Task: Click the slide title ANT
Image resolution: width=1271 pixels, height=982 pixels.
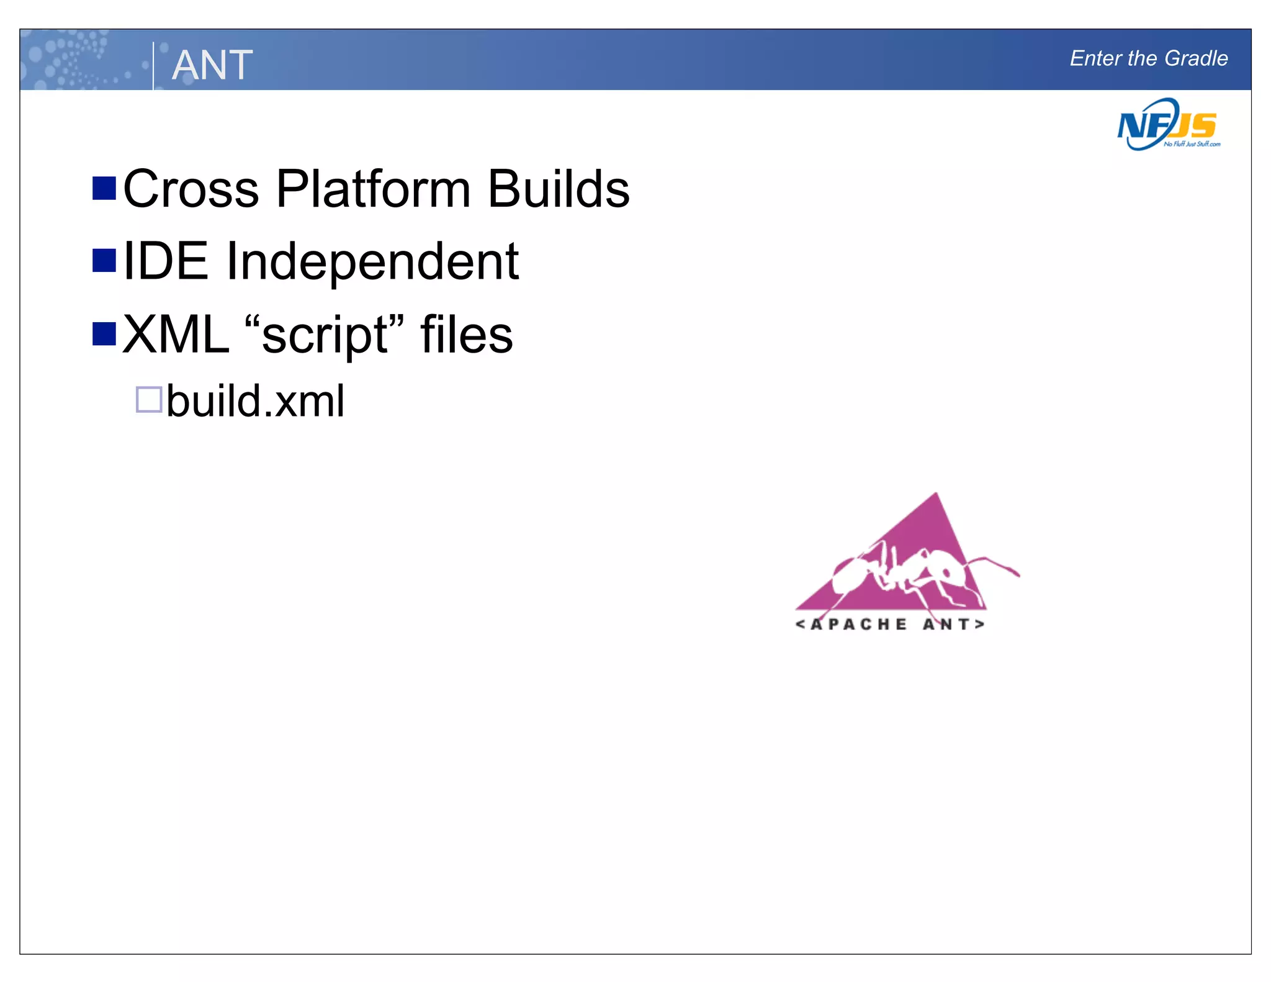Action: click(x=212, y=65)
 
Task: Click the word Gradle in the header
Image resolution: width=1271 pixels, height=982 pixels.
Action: click(x=1196, y=58)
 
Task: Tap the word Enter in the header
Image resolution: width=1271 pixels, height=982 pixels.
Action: click(x=1096, y=58)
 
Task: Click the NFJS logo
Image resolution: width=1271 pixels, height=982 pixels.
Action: click(x=1167, y=125)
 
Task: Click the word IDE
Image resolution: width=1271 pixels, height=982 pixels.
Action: click(x=165, y=261)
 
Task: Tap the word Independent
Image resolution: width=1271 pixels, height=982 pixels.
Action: click(x=372, y=261)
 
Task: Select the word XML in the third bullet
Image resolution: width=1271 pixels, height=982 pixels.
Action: click(x=176, y=335)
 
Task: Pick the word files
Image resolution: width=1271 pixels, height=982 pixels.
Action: click(x=466, y=335)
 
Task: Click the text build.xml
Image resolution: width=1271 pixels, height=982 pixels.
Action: click(x=255, y=402)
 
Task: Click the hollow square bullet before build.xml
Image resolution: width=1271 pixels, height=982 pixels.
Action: click(x=149, y=399)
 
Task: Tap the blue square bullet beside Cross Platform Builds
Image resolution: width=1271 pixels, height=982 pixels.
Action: click(x=104, y=188)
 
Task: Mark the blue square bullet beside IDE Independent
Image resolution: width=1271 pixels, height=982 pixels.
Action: click(x=104, y=261)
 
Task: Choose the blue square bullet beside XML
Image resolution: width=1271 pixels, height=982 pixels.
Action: click(x=104, y=333)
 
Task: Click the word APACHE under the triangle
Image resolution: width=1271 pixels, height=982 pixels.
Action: click(x=859, y=624)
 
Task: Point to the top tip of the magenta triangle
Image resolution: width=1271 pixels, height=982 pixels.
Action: click(x=936, y=494)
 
